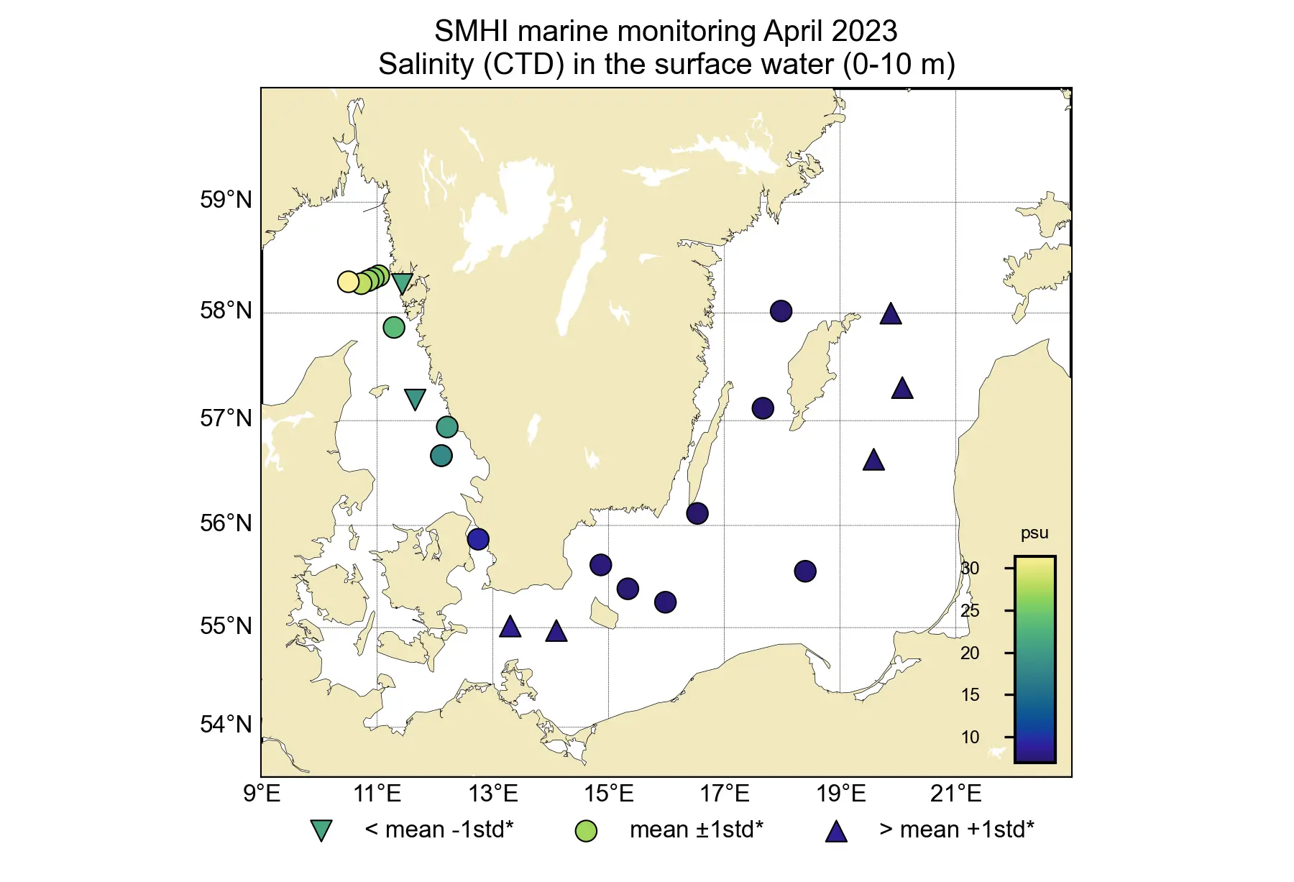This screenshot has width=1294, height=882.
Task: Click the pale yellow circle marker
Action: point(349,282)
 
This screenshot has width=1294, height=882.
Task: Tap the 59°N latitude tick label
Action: point(226,200)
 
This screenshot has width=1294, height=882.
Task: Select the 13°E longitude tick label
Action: point(493,794)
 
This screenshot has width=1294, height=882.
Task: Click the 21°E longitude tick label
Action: point(955,794)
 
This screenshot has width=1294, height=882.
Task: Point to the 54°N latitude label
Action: point(226,724)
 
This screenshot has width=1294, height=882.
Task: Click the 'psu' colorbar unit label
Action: point(1034,533)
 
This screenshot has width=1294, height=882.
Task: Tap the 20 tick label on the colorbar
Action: point(970,653)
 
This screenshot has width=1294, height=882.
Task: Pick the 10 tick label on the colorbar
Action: point(970,737)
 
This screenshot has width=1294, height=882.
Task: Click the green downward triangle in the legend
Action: point(321,830)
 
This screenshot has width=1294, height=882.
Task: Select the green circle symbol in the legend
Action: point(586,831)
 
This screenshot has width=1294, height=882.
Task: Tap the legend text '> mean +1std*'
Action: point(956,830)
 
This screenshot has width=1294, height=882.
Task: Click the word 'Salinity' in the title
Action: point(426,65)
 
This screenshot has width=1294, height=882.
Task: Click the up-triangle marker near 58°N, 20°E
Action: point(891,314)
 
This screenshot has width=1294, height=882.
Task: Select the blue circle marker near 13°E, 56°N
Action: point(478,539)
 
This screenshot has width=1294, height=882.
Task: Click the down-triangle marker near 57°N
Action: point(415,399)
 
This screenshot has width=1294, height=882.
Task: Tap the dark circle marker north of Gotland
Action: point(781,311)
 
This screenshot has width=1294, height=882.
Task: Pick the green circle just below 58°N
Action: point(394,328)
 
